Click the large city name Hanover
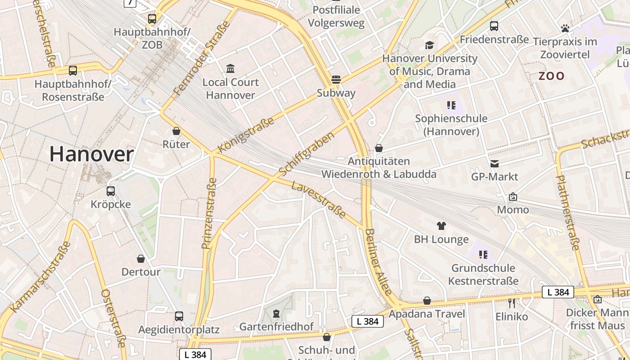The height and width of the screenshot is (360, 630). [91, 154]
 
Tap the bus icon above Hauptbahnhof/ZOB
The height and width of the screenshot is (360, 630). [152, 19]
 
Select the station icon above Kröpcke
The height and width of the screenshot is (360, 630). [111, 191]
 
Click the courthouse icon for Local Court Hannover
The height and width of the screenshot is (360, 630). [230, 68]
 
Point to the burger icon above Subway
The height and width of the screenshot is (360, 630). [336, 80]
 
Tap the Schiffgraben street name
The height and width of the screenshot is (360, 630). [306, 154]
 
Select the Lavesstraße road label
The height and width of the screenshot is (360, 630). [319, 200]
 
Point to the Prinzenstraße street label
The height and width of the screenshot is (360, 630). [209, 213]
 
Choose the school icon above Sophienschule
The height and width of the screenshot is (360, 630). [451, 105]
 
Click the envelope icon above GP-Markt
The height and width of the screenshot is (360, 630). [495, 163]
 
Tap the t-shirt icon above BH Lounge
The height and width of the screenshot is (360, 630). [441, 226]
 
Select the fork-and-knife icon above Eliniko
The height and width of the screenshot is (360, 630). [511, 303]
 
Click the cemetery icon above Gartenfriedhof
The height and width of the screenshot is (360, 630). [276, 313]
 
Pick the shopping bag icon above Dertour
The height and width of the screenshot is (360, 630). [141, 259]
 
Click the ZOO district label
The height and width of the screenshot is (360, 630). [551, 76]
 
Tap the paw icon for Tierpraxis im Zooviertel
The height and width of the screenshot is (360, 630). [565, 28]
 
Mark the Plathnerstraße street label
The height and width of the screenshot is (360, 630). [568, 212]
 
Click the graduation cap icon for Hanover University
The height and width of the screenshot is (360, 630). [429, 45]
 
